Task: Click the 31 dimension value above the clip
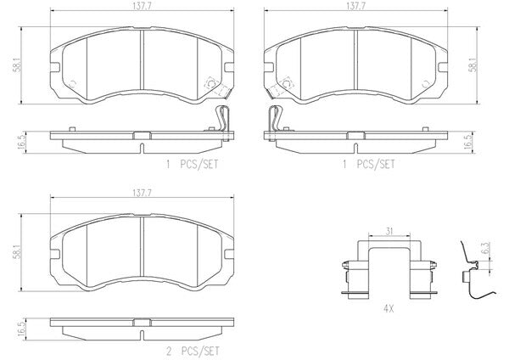[x=389, y=231]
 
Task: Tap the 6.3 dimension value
[x=485, y=248]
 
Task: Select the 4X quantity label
[x=389, y=309]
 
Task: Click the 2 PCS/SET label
[x=193, y=352]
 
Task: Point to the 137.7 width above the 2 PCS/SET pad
[x=142, y=193]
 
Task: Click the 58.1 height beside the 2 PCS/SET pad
[x=17, y=252]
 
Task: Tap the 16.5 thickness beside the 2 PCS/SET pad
[x=21, y=329]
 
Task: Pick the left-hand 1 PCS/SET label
[x=192, y=165]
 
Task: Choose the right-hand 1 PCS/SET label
[x=369, y=165]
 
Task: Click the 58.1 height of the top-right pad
[x=474, y=65]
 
